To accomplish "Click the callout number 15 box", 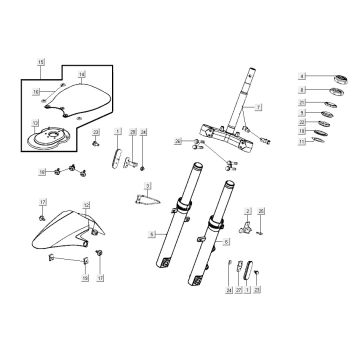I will point(41,62).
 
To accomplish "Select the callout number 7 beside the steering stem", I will point(258,106).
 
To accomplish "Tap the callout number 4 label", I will point(302,77).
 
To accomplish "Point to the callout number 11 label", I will point(302,143).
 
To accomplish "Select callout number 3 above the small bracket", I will point(147,186).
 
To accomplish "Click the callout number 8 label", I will point(302,90).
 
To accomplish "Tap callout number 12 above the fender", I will point(43,172).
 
